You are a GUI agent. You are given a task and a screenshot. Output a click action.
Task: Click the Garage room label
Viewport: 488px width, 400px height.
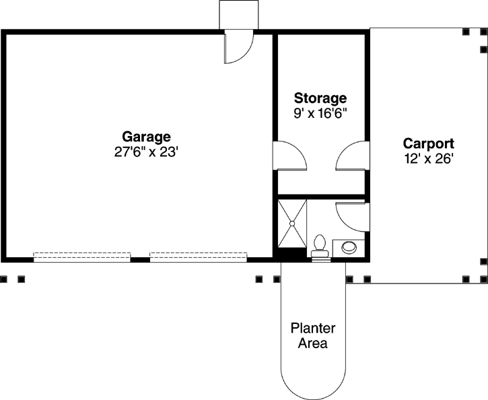pos(146,137)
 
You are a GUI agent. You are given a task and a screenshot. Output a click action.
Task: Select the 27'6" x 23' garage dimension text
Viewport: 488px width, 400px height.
pos(146,152)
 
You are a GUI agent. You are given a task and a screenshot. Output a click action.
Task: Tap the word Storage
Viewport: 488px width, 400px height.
pos(320,98)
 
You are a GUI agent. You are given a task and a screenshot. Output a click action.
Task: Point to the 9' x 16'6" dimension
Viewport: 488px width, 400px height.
pos(320,113)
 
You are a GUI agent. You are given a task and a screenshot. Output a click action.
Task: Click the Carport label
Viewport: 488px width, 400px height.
pos(428,143)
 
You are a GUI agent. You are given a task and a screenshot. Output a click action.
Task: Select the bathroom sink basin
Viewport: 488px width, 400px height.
pos(350,247)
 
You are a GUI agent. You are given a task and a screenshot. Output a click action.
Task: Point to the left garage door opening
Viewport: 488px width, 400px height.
pos(82,256)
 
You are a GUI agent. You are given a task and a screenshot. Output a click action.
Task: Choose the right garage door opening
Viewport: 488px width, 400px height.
pos(198,256)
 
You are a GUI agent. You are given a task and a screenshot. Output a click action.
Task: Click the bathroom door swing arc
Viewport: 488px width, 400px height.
pos(351,215)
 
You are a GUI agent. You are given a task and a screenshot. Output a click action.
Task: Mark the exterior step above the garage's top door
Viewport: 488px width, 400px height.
pos(239,15)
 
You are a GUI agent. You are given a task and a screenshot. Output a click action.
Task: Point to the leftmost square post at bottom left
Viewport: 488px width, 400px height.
pos(3,278)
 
